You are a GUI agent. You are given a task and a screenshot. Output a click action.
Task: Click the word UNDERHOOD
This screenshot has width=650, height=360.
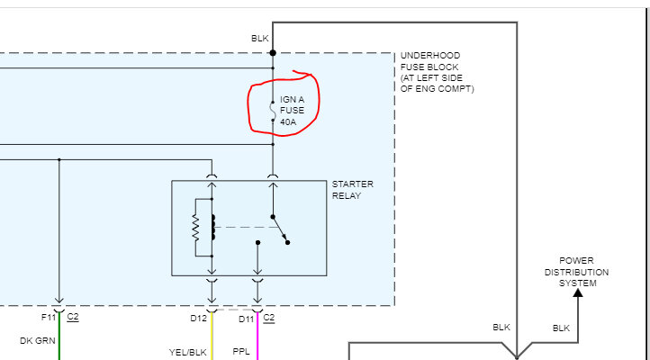[x=430, y=56]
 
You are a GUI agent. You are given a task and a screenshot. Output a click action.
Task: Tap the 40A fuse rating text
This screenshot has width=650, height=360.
[x=288, y=121]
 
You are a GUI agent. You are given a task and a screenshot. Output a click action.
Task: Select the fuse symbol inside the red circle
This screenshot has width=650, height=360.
[x=273, y=111]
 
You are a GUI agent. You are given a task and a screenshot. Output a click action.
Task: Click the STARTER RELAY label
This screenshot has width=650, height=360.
[x=352, y=190]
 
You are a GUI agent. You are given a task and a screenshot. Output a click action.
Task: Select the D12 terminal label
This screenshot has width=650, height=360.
[x=199, y=317]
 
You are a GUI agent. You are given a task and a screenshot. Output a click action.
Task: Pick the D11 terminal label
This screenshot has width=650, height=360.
[x=246, y=317]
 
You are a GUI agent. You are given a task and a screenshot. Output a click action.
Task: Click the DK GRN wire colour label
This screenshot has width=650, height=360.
[x=38, y=340]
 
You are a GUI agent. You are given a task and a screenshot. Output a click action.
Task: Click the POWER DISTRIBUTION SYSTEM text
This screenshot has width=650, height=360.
[x=576, y=272]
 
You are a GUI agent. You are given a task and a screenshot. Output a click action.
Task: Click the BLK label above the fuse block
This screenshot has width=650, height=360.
[x=259, y=38]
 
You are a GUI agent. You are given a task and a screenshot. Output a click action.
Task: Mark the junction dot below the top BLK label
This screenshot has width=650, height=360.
[x=273, y=53]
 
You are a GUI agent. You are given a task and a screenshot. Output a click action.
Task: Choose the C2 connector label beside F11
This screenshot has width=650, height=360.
[x=73, y=317]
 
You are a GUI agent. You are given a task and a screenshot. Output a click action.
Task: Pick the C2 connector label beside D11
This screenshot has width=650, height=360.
[x=268, y=317]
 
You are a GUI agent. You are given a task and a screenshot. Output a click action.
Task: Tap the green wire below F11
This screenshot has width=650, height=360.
[x=59, y=346]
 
